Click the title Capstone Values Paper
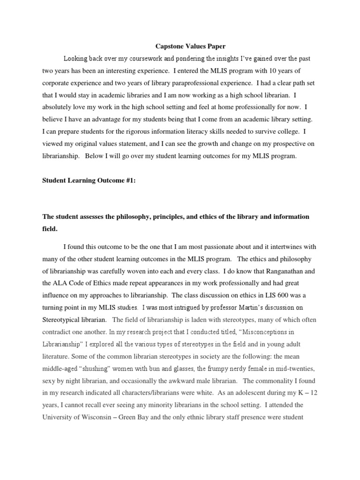coord(190,46)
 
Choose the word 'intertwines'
coord(285,247)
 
